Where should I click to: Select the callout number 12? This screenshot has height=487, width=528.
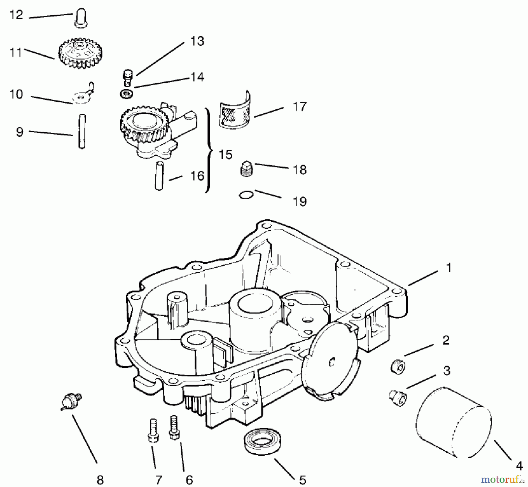(16, 15)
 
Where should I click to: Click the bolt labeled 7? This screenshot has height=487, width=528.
(153, 430)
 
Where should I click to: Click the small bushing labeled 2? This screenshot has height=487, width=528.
(398, 366)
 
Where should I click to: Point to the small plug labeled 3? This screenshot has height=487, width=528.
(398, 397)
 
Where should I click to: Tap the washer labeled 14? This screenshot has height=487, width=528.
(126, 94)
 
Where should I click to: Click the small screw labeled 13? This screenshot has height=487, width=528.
(127, 77)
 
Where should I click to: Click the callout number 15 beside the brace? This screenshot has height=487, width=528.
(226, 155)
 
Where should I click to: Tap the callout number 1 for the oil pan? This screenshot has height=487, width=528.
(448, 268)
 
